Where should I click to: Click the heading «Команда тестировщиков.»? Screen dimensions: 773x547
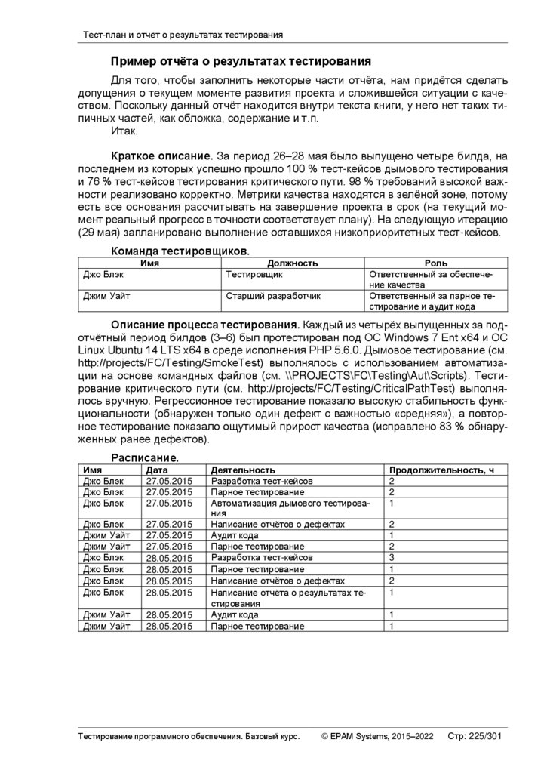pos(180,250)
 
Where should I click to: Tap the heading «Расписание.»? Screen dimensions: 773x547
pos(145,457)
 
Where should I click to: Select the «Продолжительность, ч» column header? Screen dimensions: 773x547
pos(441,470)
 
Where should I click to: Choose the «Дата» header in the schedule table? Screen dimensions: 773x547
pos(158,470)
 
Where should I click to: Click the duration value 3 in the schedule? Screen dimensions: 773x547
pos(392,557)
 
